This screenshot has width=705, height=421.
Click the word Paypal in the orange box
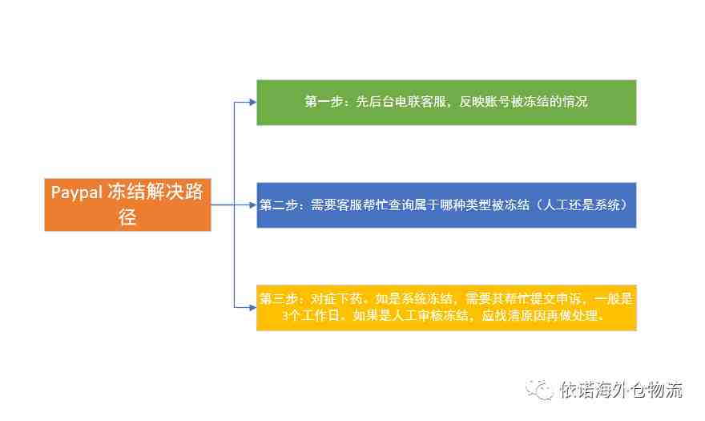77,192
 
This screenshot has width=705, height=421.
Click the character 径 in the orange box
127,217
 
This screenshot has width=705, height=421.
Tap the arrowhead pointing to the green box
252,102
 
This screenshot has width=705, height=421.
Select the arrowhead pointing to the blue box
252,204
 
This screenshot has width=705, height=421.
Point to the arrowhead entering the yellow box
252,308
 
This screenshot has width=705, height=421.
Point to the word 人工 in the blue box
556,204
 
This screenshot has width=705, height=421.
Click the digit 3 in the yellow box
285,315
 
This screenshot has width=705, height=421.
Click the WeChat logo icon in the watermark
539,389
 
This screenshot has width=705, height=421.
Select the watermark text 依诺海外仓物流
622,390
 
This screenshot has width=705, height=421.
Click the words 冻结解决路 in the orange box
155,192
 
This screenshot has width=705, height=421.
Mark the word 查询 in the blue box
401,204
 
